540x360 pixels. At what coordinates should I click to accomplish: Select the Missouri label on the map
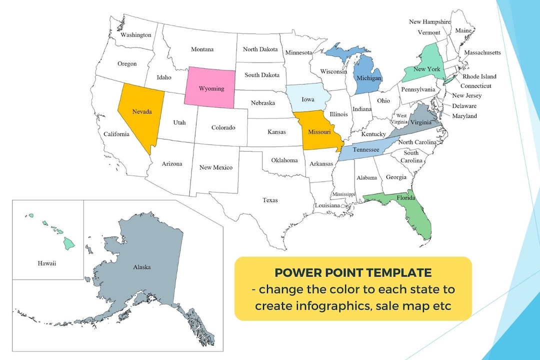click(x=319, y=132)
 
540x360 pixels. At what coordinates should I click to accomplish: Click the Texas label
click(x=270, y=200)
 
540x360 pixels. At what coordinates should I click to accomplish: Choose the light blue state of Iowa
click(x=308, y=99)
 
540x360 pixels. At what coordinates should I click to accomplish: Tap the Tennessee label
click(x=365, y=149)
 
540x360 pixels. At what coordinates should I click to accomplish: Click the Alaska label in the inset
click(x=141, y=267)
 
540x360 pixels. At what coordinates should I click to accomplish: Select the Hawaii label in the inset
click(x=47, y=263)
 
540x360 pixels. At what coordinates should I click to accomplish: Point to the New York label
click(x=426, y=69)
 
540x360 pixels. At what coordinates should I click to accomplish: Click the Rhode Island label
click(x=479, y=76)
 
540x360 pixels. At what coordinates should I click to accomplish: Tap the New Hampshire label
click(x=429, y=22)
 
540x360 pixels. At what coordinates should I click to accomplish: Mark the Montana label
click(x=202, y=49)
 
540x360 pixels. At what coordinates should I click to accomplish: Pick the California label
click(x=116, y=134)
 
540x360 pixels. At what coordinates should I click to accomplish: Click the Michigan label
click(x=368, y=78)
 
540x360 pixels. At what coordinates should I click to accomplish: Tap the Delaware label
click(x=464, y=106)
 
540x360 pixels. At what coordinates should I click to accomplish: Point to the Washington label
click(x=135, y=35)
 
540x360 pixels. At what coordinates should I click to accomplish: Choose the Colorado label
click(x=223, y=127)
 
